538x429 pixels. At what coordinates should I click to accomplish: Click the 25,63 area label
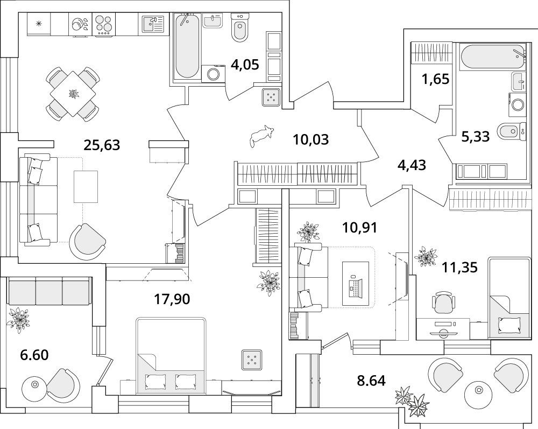pyautogui.click(x=102, y=145)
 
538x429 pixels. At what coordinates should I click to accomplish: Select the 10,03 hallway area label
pyautogui.click(x=311, y=140)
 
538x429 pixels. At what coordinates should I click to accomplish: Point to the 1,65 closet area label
pyautogui.click(x=436, y=79)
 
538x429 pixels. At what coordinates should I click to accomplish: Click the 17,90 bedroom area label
pyautogui.click(x=172, y=299)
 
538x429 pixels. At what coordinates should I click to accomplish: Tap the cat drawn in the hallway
pyautogui.click(x=261, y=136)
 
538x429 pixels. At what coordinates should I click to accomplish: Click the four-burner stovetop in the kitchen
pyautogui.click(x=103, y=24)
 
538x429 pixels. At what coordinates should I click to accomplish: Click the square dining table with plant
pyautogui.click(x=73, y=93)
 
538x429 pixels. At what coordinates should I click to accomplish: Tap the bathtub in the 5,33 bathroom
pyautogui.click(x=493, y=57)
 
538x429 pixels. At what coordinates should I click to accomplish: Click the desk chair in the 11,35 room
pyautogui.click(x=444, y=301)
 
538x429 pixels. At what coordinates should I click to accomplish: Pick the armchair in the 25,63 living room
pyautogui.click(x=87, y=243)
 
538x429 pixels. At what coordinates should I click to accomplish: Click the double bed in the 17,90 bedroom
pyautogui.click(x=171, y=355)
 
